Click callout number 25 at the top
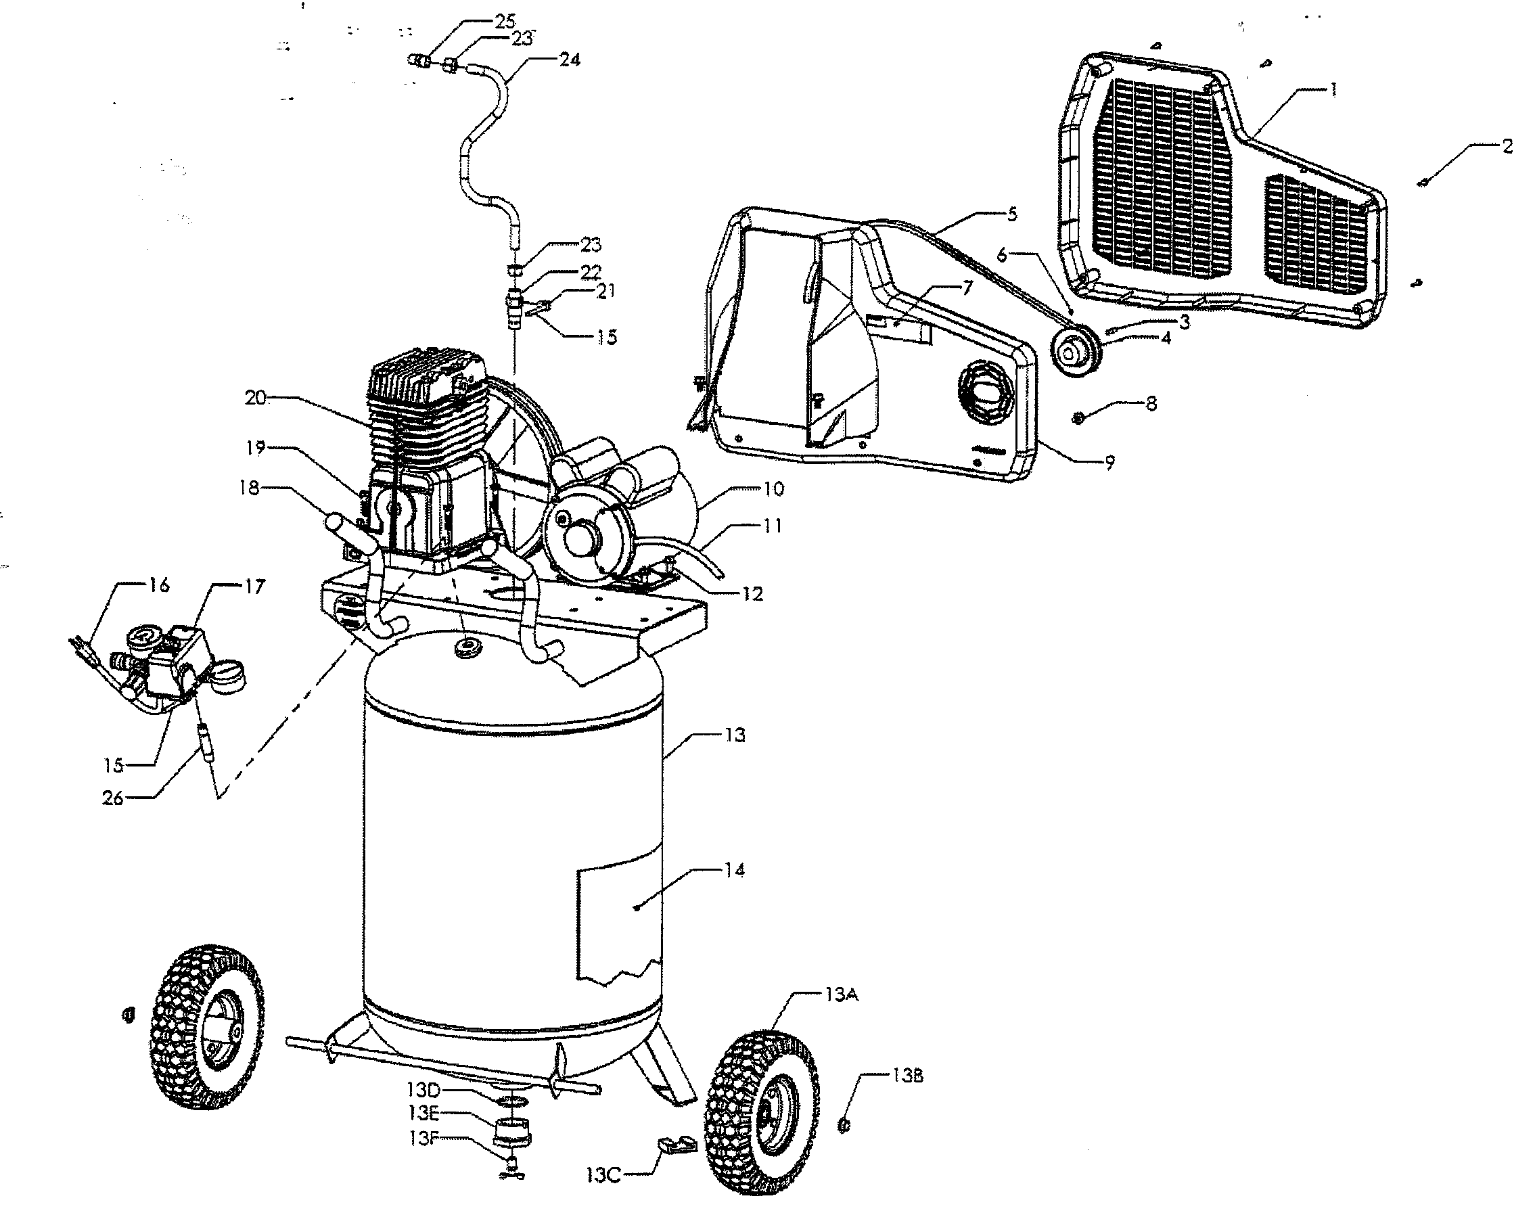click(x=505, y=20)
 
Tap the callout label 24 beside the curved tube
click(x=569, y=60)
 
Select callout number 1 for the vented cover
click(x=1333, y=90)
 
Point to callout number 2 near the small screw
click(x=1507, y=146)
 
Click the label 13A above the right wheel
click(x=842, y=995)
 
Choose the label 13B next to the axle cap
click(x=907, y=1076)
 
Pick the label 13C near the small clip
click(x=604, y=1175)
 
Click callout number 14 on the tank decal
click(x=735, y=870)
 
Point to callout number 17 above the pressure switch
click(x=254, y=587)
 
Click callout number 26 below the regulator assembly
click(x=113, y=798)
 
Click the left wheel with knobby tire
click(x=206, y=1027)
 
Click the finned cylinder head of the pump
click(x=426, y=398)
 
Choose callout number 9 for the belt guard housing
click(x=1109, y=462)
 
